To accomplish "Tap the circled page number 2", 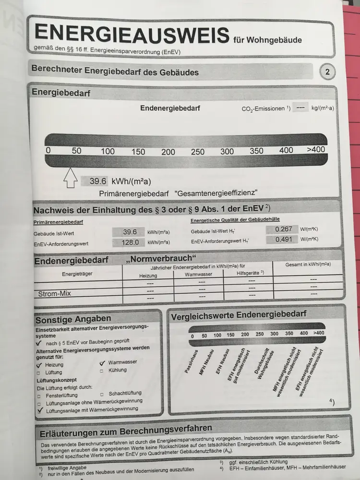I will pyautogui.click(x=327, y=72).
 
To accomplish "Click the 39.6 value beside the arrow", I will pyautogui.click(x=96, y=181).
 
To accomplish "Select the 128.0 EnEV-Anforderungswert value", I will pyautogui.click(x=129, y=242).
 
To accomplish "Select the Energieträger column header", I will pyautogui.click(x=77, y=274).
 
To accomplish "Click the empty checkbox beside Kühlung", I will pyautogui.click(x=101, y=371).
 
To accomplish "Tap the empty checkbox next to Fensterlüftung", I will pyautogui.click(x=39, y=396).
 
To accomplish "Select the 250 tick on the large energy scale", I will pyautogui.click(x=197, y=152).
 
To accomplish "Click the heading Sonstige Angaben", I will pyautogui.click(x=72, y=319).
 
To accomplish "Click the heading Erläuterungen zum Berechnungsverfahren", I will pyautogui.click(x=126, y=428).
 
